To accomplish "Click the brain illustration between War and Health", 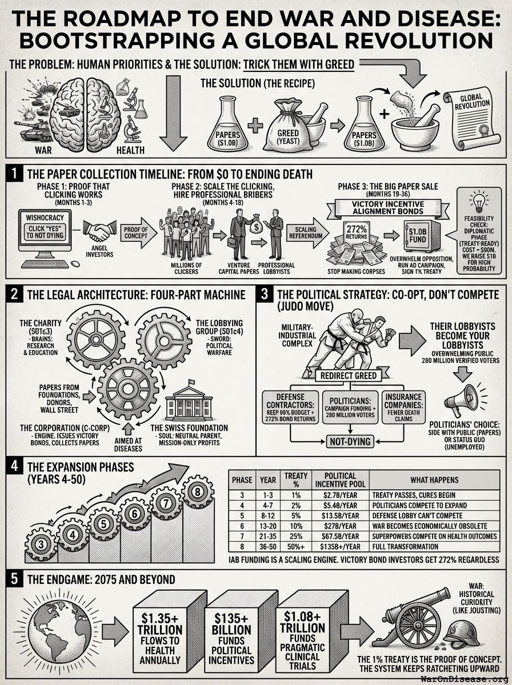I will (85, 112).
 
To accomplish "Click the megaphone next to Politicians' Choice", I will (462, 399).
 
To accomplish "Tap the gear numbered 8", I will (198, 491).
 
